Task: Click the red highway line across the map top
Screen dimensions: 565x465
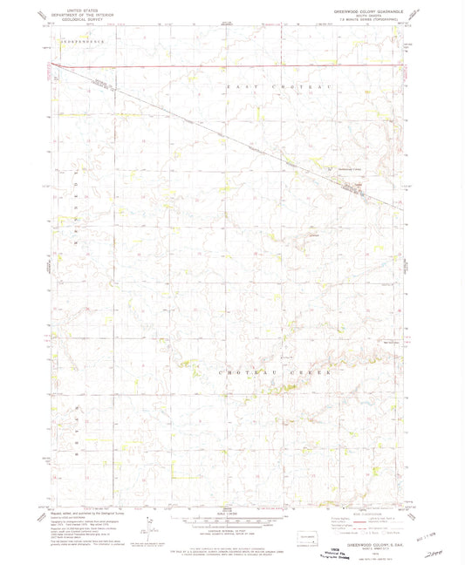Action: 227,65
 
